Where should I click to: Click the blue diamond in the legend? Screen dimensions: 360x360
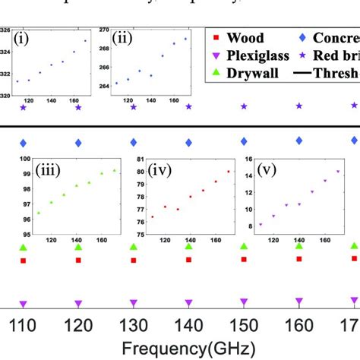coord(302,37)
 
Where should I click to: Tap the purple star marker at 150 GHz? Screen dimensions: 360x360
coord(244,106)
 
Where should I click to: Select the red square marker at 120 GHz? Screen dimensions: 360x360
coord(78,261)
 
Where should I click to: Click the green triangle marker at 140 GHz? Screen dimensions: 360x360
coord(188,247)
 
